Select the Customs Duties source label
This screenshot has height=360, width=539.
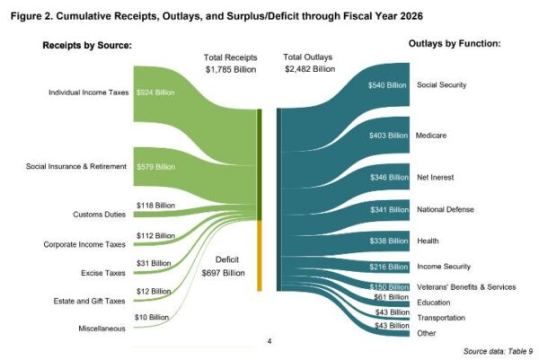(98, 215)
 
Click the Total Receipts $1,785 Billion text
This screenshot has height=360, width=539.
(228, 64)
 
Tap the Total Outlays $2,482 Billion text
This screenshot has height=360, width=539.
(309, 64)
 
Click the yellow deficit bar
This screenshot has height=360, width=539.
(259, 256)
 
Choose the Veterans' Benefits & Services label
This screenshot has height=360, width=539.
(465, 286)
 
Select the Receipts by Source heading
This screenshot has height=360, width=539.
(88, 45)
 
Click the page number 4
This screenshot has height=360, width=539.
(269, 341)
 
